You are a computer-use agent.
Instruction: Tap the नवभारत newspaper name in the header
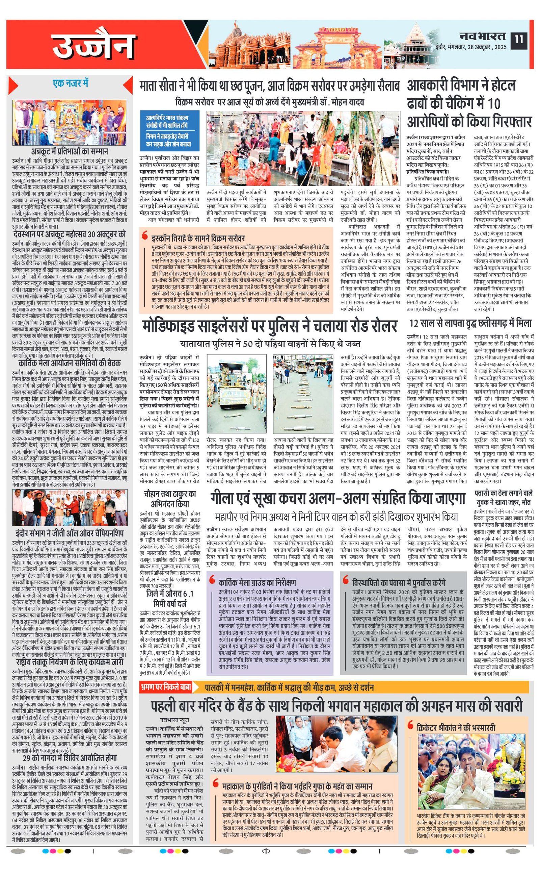[x=482, y=36]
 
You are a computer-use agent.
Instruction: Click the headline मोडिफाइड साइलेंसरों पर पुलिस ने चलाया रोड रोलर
[x=270, y=326]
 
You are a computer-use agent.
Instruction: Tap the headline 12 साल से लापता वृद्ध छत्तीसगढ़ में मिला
[x=470, y=323]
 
